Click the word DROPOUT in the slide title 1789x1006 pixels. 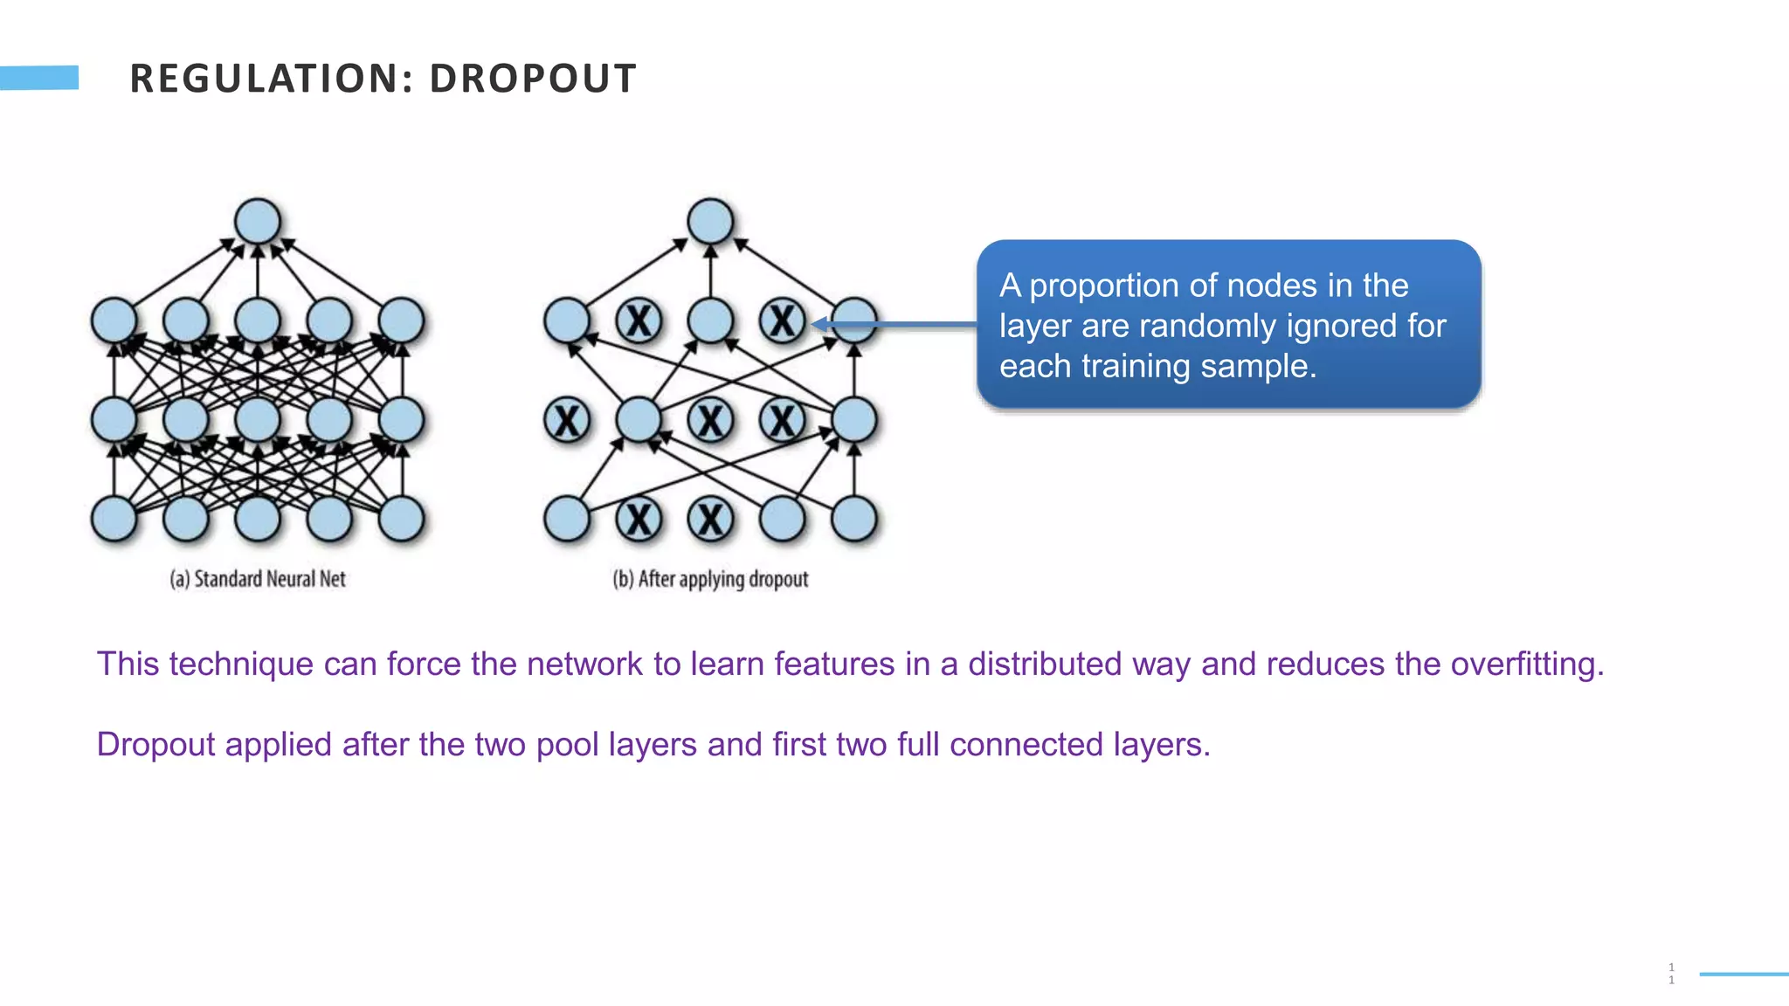[x=532, y=79]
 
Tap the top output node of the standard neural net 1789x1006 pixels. [x=258, y=221]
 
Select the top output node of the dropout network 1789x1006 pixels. [x=710, y=221]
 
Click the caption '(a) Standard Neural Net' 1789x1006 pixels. [x=258, y=579]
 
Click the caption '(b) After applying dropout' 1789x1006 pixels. [x=710, y=579]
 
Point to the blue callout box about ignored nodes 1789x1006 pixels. [x=1228, y=325]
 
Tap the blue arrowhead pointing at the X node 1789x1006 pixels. [x=819, y=325]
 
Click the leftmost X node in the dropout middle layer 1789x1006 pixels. [x=567, y=421]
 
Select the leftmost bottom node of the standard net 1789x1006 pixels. [x=114, y=519]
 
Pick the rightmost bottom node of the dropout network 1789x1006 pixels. [x=853, y=519]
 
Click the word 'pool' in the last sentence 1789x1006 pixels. [x=567, y=745]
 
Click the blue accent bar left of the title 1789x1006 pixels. [x=39, y=78]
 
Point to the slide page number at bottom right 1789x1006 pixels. [x=1671, y=974]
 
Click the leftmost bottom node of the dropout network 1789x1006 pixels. [x=567, y=519]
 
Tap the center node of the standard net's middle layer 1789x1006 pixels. [x=258, y=420]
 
